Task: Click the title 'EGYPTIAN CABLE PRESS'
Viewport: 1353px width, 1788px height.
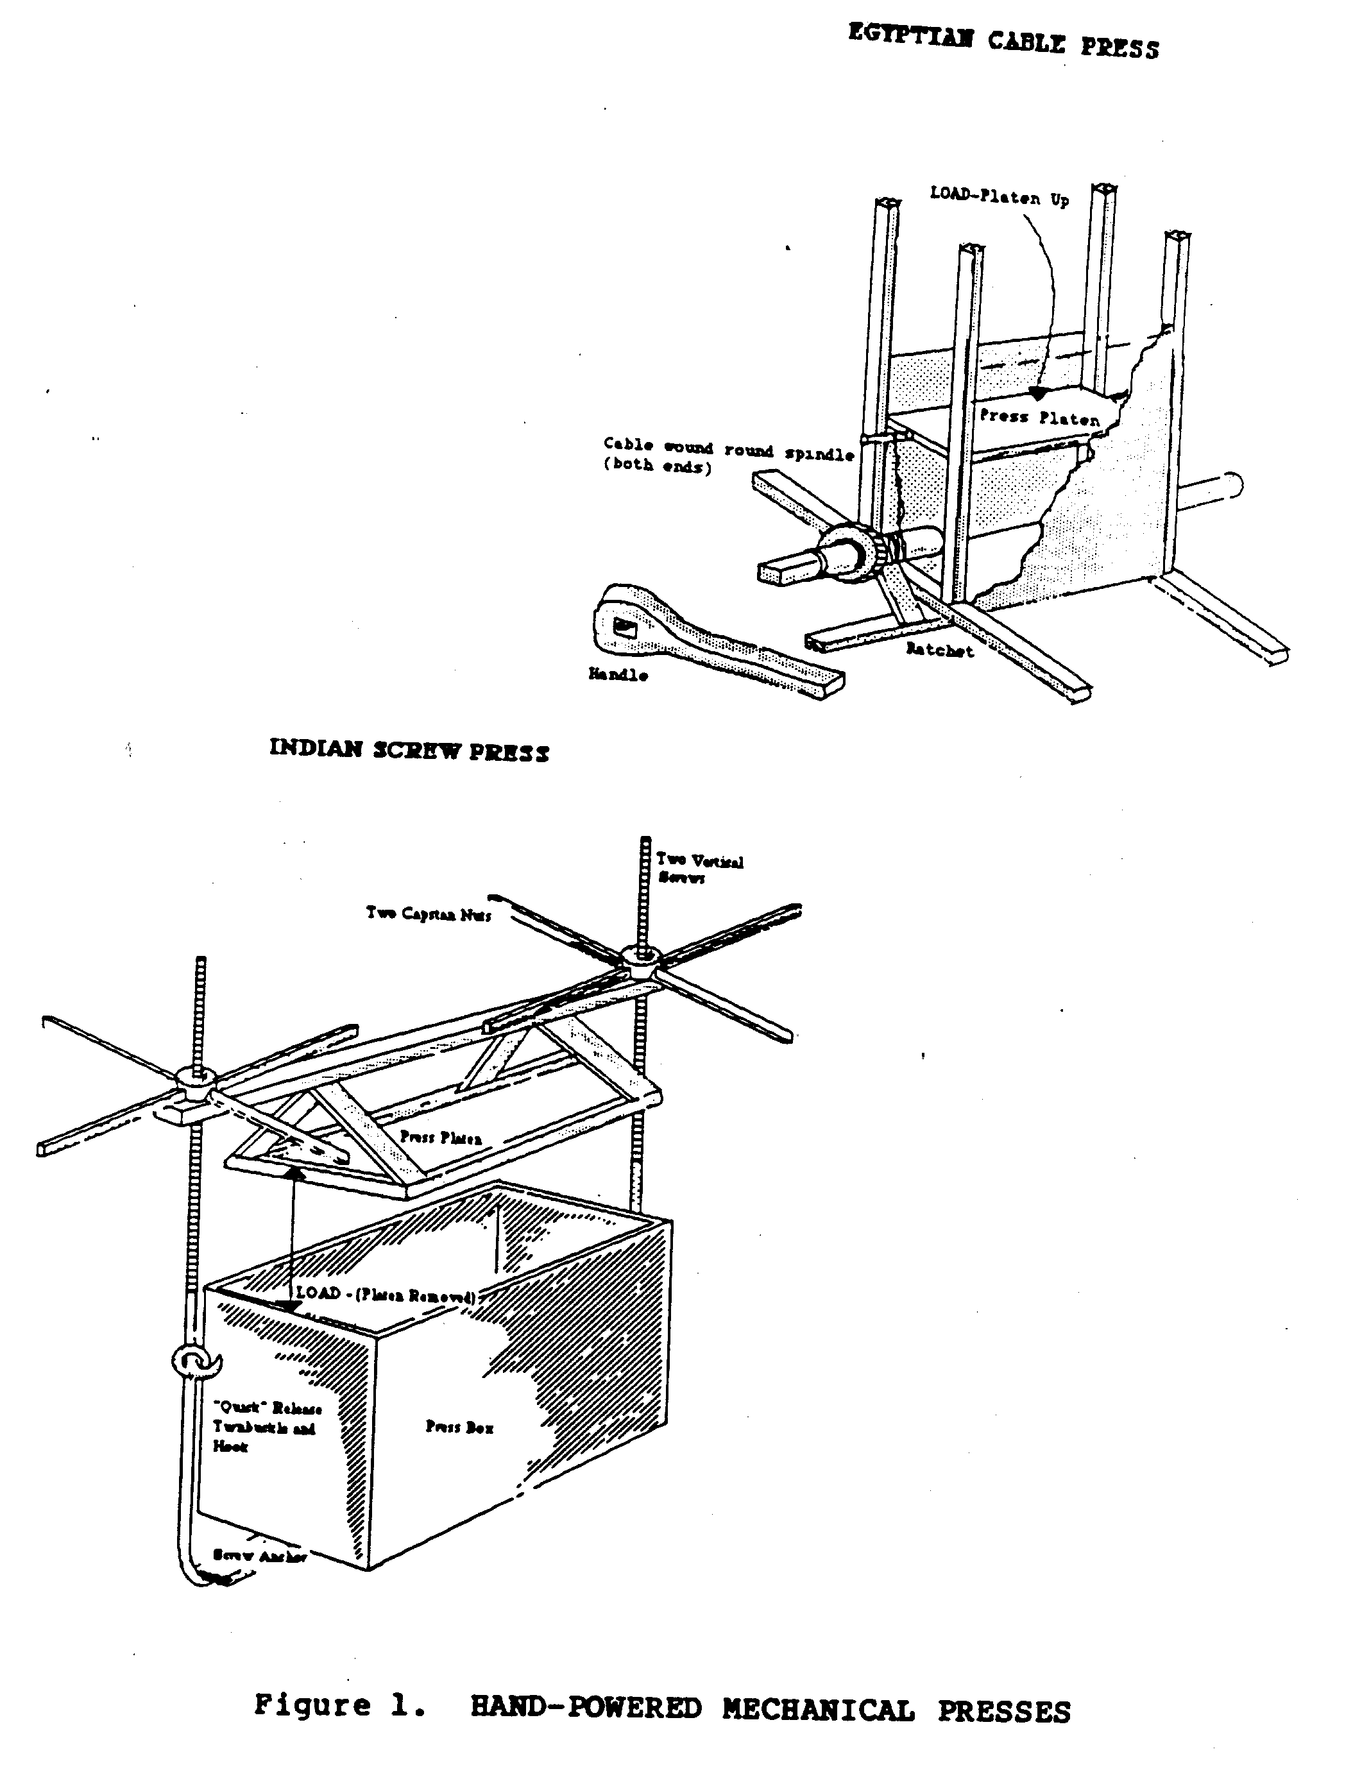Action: (x=1003, y=41)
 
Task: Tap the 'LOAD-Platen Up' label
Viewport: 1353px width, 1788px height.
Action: (x=999, y=196)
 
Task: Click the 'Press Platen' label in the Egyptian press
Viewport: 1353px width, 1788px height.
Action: (x=1039, y=417)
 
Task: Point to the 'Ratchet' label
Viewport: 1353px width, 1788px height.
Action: (x=939, y=649)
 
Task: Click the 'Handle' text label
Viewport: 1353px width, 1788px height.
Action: (x=618, y=674)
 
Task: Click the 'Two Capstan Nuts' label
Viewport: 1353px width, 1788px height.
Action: (x=429, y=914)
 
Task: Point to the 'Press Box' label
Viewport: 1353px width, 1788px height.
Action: (x=459, y=1427)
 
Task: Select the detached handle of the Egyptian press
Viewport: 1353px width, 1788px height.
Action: (x=711, y=643)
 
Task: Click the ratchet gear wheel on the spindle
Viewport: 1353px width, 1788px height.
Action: (x=853, y=552)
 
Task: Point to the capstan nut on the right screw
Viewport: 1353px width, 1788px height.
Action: (x=643, y=961)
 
